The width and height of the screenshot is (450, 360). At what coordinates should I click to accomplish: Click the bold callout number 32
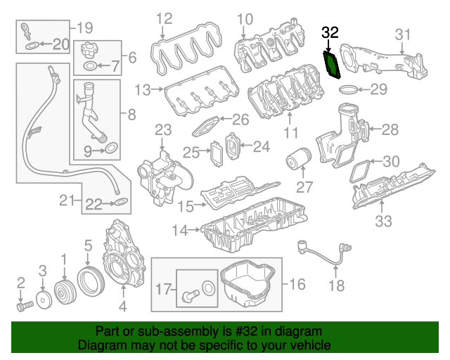coord(330,32)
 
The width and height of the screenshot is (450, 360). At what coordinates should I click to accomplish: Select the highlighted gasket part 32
coord(331,63)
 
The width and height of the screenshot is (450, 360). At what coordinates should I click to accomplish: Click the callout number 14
coord(179,229)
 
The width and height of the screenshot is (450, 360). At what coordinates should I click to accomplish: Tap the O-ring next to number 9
coord(110,148)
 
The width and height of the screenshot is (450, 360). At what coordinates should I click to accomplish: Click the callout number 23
coord(162,130)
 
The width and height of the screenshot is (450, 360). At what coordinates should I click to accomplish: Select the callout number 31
coord(402,33)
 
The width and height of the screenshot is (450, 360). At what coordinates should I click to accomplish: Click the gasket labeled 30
coord(361,169)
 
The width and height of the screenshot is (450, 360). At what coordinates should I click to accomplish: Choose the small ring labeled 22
coord(120,205)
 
